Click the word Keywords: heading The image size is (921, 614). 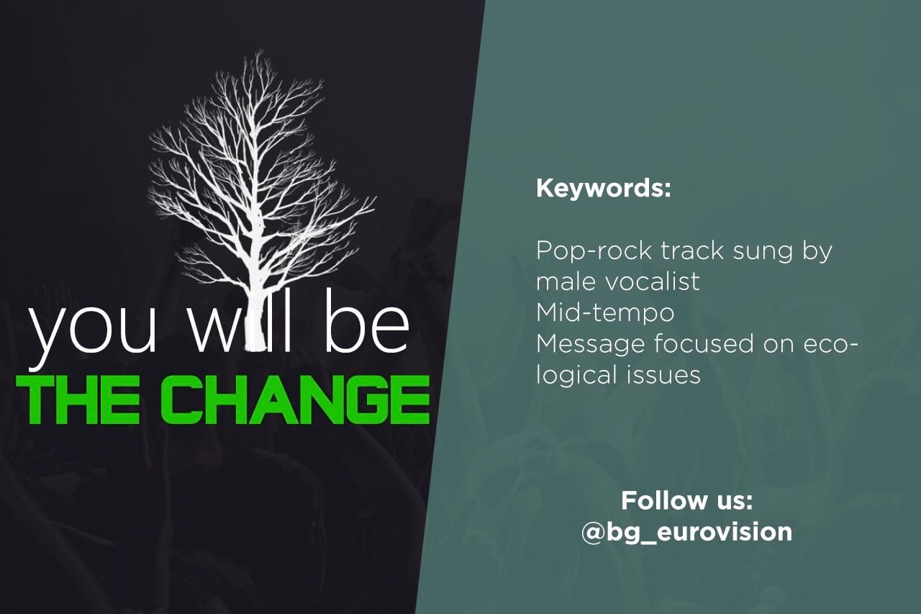(x=603, y=188)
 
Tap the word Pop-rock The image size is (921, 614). (x=594, y=251)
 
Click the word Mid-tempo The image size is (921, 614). (x=605, y=313)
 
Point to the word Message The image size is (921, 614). (x=590, y=345)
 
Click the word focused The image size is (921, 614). (x=704, y=343)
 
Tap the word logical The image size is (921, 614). (x=576, y=376)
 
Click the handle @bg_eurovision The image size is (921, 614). (x=686, y=532)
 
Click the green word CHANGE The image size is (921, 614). (x=295, y=399)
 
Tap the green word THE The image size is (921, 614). (x=78, y=399)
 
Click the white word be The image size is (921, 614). (x=367, y=321)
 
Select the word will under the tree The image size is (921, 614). (x=241, y=321)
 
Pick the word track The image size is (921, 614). (x=692, y=251)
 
